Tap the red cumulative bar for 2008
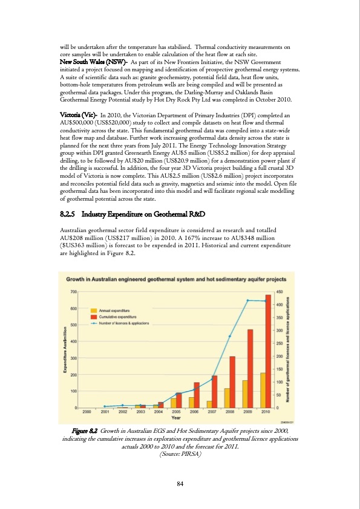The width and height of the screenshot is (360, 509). coord(232,381)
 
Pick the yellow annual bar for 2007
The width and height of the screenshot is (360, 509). coord(209,404)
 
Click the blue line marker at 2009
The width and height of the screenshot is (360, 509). coord(247,300)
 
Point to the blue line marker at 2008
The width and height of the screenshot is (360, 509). coord(229,336)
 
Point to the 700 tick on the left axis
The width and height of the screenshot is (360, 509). coord(73,292)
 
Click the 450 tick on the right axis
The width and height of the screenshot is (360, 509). coord(280,292)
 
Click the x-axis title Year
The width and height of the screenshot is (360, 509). coord(175,417)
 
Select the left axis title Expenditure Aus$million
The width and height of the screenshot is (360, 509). coord(65,351)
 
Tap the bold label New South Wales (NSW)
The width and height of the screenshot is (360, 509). coord(84,62)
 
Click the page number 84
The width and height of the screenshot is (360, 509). coord(180,483)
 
